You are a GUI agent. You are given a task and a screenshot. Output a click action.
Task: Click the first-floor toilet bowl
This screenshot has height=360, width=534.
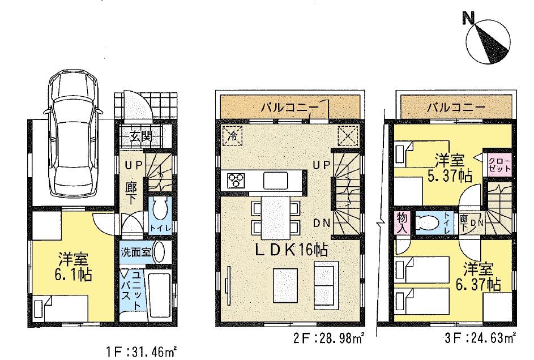[160, 211]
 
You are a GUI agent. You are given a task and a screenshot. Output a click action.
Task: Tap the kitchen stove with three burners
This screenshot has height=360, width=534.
[236, 181]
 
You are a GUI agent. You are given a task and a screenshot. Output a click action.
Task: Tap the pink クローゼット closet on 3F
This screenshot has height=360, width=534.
[499, 165]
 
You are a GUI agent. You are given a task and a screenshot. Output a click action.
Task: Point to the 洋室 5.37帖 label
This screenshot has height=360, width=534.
[451, 168]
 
